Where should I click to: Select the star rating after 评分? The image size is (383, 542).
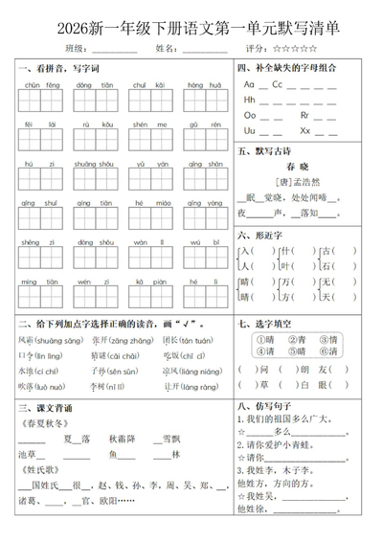(x=296, y=47)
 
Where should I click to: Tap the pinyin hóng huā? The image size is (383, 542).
(x=197, y=85)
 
